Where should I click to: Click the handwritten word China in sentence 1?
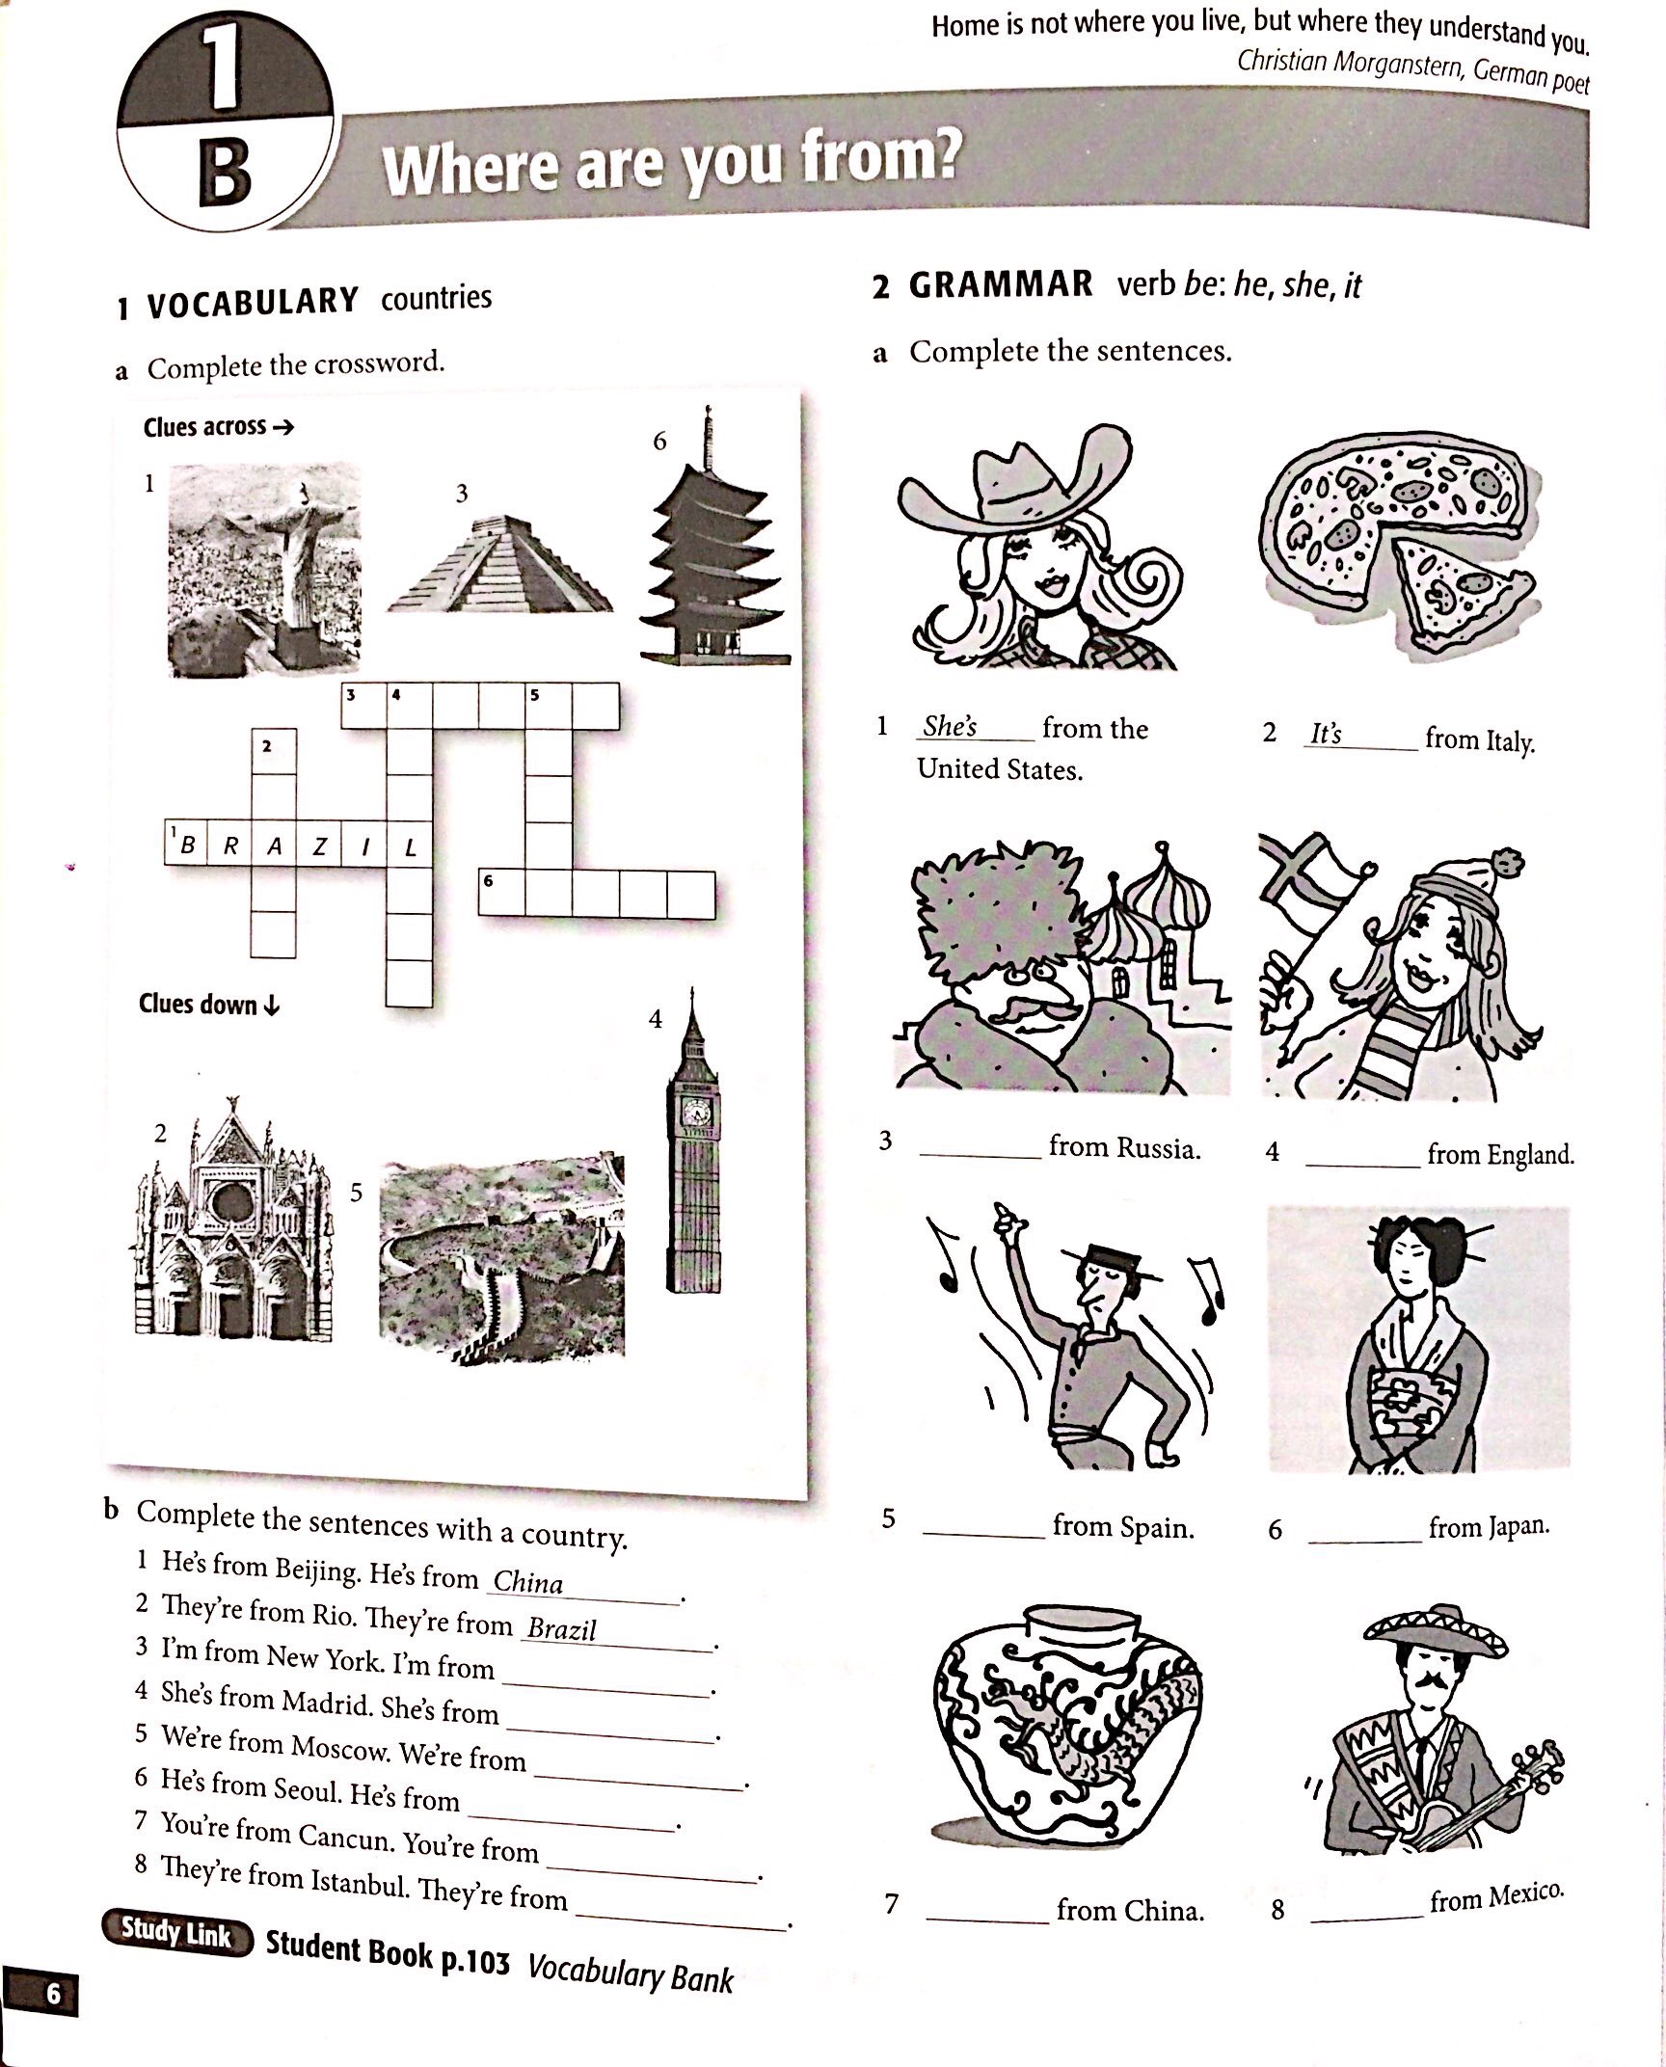527,1582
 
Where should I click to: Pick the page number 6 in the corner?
53,1992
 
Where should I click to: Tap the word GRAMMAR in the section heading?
1000,285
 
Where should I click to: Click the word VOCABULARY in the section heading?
252,303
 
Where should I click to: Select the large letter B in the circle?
226,174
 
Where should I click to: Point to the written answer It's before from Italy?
1326,734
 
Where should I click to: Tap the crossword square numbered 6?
501,893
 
